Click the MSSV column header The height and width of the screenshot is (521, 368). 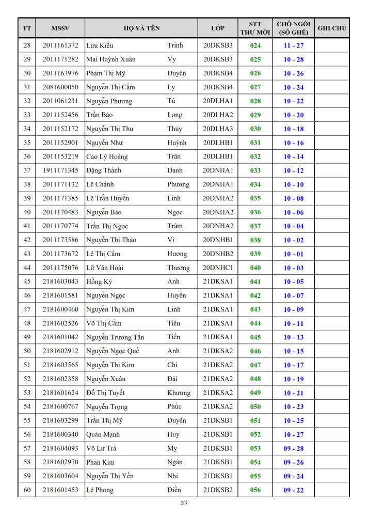click(x=60, y=28)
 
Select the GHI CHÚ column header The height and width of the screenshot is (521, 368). click(x=331, y=28)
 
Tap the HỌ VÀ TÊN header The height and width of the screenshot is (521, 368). click(x=141, y=28)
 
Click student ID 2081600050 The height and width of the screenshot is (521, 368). click(x=60, y=87)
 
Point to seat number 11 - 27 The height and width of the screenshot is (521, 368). click(x=293, y=45)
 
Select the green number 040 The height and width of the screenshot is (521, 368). click(x=255, y=268)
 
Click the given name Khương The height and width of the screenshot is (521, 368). click(x=179, y=393)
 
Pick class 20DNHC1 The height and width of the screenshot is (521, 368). click(x=218, y=268)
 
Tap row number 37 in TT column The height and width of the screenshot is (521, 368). click(x=27, y=170)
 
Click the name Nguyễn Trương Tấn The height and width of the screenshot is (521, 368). click(x=115, y=337)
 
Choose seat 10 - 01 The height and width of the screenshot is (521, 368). click(x=293, y=254)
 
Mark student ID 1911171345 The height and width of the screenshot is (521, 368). click(x=60, y=170)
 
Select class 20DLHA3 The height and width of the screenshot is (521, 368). click(x=218, y=129)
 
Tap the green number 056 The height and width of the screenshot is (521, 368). click(x=255, y=490)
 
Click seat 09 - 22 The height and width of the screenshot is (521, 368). click(x=293, y=490)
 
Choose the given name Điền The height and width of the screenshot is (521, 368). click(x=174, y=490)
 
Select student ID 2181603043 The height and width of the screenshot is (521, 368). click(x=60, y=282)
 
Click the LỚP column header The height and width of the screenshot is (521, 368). click(x=218, y=28)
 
